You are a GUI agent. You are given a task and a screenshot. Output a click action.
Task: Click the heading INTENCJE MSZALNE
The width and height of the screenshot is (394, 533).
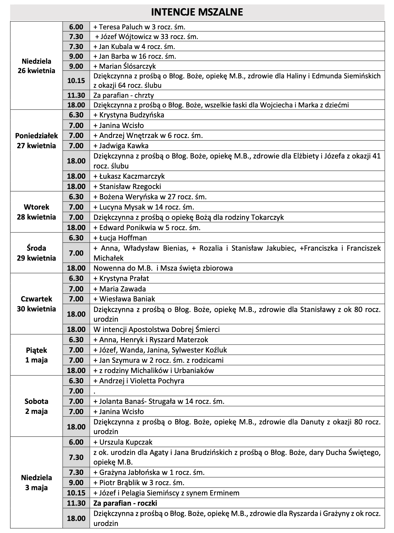click(x=197, y=12)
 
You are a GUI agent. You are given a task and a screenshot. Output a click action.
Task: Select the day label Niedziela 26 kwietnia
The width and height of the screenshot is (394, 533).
click(x=36, y=66)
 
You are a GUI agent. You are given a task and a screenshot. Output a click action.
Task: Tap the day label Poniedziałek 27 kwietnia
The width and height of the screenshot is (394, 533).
click(x=36, y=141)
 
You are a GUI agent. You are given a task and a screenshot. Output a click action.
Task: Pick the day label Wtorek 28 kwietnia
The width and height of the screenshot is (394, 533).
click(x=36, y=212)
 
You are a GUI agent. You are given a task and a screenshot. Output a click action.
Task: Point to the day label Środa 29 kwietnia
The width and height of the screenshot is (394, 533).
click(x=36, y=253)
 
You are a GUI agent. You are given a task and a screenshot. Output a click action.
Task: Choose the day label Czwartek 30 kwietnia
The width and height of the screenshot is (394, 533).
click(x=36, y=304)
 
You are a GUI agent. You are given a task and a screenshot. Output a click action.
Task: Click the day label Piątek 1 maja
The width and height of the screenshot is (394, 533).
click(x=36, y=355)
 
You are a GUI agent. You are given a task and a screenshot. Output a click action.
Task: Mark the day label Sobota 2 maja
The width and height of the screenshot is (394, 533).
click(x=36, y=406)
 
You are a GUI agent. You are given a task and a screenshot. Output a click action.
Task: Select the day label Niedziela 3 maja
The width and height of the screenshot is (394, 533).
click(x=36, y=483)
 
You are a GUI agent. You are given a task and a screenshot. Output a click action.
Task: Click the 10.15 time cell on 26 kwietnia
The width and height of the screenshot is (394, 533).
click(x=76, y=80)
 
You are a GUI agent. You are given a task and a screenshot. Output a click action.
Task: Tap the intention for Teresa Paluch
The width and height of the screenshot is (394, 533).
click(x=139, y=27)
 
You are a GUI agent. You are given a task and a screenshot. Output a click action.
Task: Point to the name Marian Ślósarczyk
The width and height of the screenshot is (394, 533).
click(x=127, y=66)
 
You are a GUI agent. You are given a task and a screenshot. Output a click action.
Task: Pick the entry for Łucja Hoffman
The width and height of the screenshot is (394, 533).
click(x=120, y=238)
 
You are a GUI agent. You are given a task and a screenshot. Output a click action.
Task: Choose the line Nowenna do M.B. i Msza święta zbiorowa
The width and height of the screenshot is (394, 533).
click(x=163, y=268)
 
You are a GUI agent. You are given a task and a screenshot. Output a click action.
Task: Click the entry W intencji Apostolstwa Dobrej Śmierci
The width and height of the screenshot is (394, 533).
click(x=156, y=329)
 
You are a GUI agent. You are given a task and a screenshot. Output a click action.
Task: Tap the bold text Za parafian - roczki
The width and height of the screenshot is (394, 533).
click(x=125, y=503)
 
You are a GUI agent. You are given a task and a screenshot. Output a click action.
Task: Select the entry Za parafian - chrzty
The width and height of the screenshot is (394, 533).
click(x=124, y=95)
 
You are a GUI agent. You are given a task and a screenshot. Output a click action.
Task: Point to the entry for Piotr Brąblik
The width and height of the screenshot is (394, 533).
click(x=139, y=483)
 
